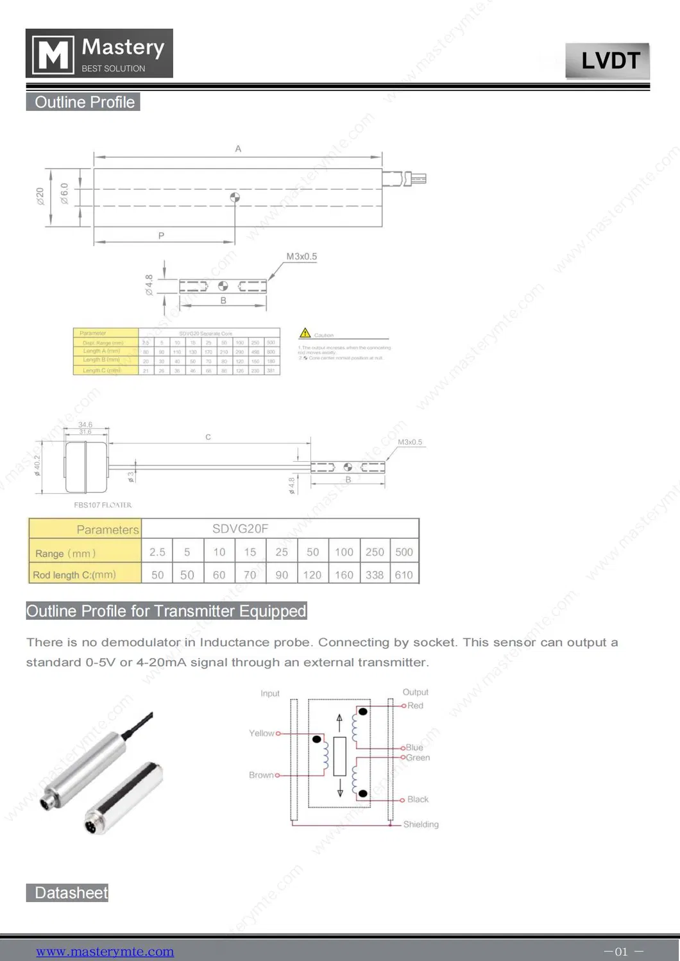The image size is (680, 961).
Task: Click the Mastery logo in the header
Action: tap(99, 54)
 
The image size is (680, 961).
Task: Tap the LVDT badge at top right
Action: tap(607, 61)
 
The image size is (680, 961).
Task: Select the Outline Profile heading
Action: tap(83, 102)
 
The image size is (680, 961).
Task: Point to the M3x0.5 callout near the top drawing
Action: tap(301, 257)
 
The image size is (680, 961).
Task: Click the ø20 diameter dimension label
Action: tap(40, 196)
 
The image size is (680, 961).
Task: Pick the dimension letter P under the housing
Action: tap(161, 235)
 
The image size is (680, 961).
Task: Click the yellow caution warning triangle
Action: tap(305, 333)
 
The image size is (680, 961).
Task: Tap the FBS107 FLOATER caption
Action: tap(103, 505)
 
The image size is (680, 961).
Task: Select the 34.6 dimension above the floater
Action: tap(85, 425)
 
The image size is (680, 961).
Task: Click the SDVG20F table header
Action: tap(241, 529)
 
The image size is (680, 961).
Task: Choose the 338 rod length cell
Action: tap(375, 575)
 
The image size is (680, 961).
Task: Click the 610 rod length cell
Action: tap(404, 575)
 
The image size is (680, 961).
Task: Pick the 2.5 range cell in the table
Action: tap(157, 552)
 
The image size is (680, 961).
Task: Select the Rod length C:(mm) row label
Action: tap(74, 575)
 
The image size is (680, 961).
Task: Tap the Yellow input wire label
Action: tap(261, 733)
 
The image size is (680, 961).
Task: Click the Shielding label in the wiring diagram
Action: tap(421, 824)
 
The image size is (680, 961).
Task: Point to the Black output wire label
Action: tap(418, 799)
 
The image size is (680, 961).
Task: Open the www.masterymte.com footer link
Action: tap(105, 951)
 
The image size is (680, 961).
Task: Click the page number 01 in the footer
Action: tap(621, 951)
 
